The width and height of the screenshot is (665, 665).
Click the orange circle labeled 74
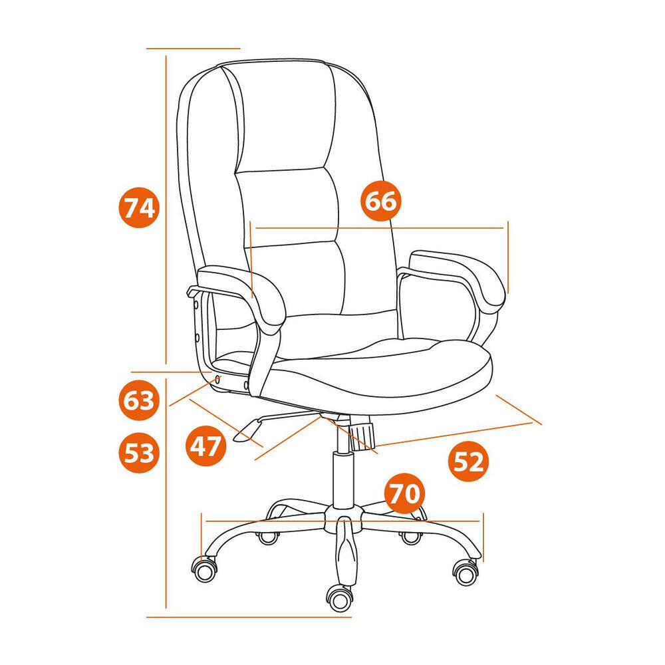139,207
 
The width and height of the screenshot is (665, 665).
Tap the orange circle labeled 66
381,201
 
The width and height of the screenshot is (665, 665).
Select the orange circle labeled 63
139,400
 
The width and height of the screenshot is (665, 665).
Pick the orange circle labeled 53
139,452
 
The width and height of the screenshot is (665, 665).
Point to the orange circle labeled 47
205,446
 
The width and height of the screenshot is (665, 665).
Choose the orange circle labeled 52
469,461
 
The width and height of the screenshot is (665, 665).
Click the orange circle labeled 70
404,493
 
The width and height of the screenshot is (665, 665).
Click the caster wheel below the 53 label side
205,570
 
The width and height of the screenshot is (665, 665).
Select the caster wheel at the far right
466,573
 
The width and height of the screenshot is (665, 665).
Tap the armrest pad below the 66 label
458,276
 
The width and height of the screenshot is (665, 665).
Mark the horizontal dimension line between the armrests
380,228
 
